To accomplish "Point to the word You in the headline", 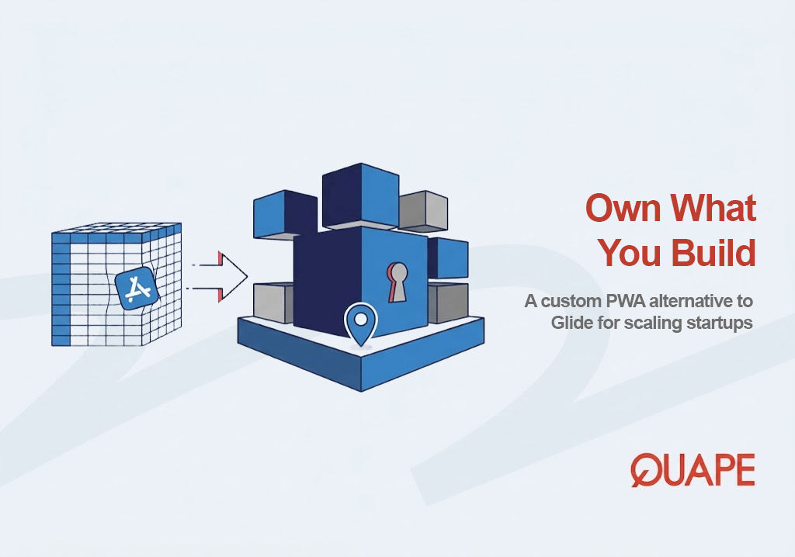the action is [630, 252].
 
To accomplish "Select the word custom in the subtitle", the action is [571, 302].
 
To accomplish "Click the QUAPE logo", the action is [693, 470].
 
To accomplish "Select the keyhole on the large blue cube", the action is [397, 282].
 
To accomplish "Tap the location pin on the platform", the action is [361, 323].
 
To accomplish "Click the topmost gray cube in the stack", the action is [423, 211].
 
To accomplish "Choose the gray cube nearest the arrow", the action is [273, 302].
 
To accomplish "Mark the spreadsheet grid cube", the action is [116, 285].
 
